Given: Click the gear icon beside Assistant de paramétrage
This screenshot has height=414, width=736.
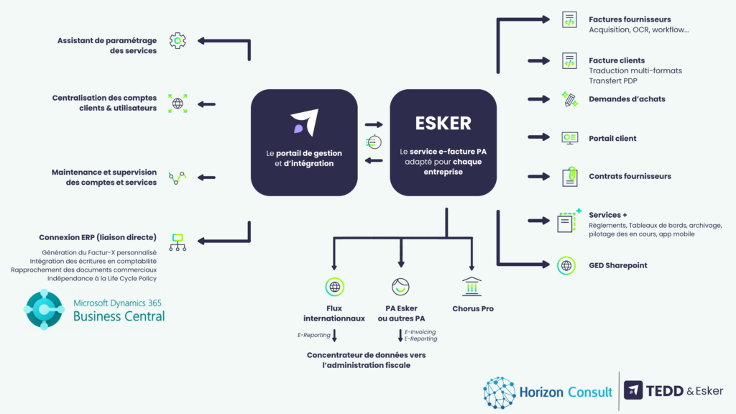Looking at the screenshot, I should click(x=178, y=41).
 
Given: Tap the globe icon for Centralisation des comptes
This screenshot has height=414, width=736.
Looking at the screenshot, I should click(x=178, y=103).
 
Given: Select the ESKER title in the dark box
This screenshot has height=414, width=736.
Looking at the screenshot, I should click(x=443, y=123).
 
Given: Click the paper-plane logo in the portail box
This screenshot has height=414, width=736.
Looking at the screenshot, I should click(x=304, y=124).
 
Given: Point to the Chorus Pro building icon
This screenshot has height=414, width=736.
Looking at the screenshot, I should click(x=472, y=286).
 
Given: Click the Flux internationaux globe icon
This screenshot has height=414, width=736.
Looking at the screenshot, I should click(x=334, y=287).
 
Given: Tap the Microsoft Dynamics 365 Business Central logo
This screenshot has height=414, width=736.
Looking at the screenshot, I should click(x=45, y=309).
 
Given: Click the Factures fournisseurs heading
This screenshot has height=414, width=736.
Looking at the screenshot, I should click(x=630, y=19).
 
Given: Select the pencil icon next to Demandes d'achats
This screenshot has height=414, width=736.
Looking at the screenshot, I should click(x=569, y=99).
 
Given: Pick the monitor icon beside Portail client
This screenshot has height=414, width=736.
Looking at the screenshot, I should click(x=569, y=138).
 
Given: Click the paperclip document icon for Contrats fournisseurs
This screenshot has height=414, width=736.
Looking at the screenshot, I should click(x=569, y=177).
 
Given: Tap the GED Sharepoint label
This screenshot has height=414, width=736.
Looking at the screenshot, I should click(x=617, y=265).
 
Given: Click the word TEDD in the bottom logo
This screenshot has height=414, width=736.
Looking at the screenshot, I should click(x=664, y=391).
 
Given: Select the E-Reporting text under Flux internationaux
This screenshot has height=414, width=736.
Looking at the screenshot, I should click(x=313, y=336).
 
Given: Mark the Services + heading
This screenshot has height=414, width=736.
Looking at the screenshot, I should click(x=607, y=215).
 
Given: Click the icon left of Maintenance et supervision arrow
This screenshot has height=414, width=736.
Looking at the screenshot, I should click(x=178, y=177).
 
